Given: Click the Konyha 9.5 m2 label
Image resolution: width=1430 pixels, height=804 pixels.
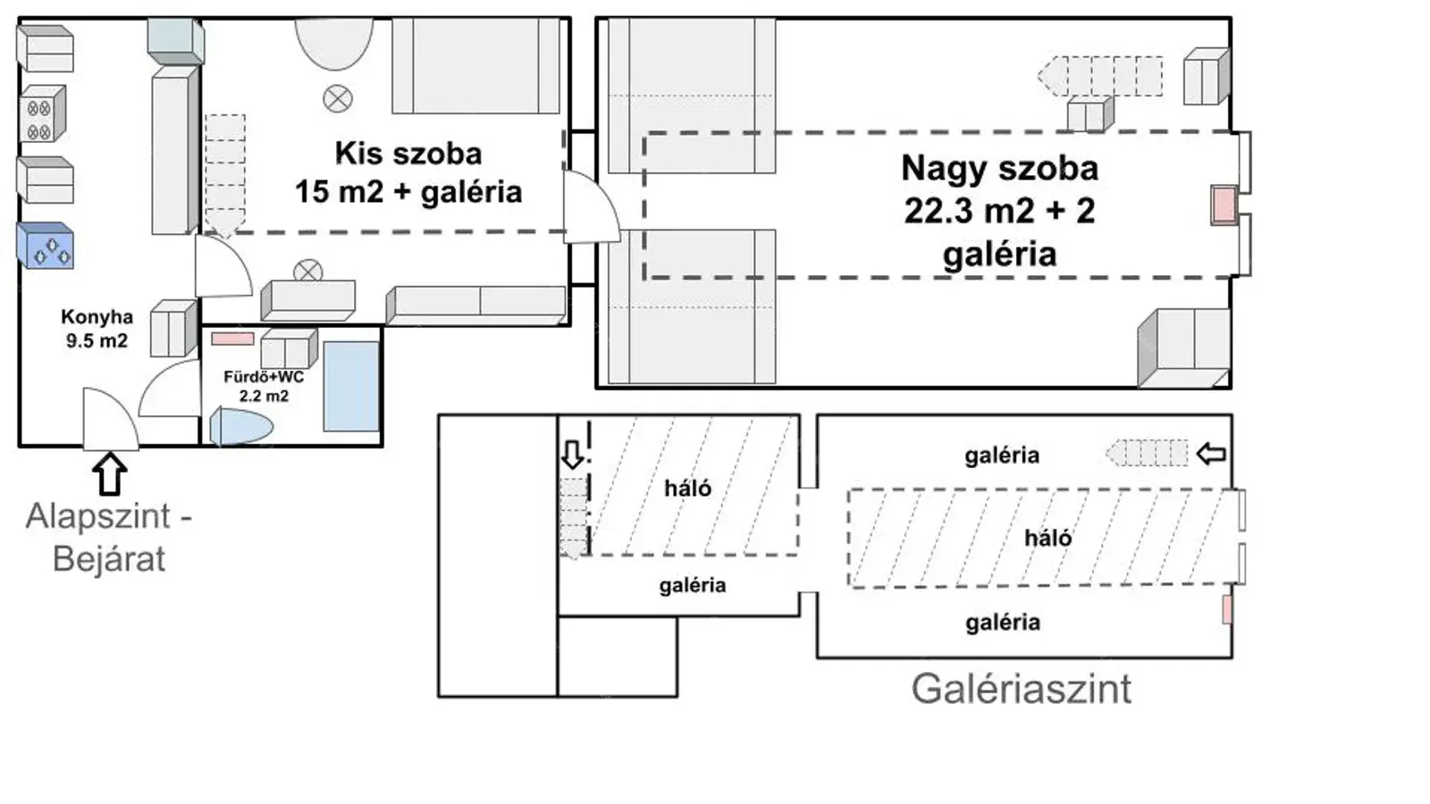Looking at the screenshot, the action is tap(97, 329).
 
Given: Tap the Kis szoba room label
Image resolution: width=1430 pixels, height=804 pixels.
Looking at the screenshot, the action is tap(408, 173).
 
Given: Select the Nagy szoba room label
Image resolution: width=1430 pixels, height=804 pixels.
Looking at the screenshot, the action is tap(1000, 211).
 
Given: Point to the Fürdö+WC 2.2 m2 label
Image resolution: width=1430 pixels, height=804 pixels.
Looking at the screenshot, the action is tap(264, 386).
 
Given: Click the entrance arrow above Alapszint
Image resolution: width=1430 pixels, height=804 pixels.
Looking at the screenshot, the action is tap(110, 473).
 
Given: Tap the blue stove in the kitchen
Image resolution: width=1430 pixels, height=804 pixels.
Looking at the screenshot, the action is tap(46, 246).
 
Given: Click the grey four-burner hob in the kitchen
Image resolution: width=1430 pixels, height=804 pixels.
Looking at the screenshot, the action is tap(42, 114).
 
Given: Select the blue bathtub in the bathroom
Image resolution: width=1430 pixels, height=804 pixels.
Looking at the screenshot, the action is tap(351, 387).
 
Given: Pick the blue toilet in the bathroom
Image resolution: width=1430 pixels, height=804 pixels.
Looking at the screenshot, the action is tap(241, 426).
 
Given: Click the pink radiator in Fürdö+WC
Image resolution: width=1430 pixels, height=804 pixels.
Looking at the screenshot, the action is tap(232, 339).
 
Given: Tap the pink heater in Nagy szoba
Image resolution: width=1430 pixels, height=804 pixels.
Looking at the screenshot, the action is tap(1224, 205).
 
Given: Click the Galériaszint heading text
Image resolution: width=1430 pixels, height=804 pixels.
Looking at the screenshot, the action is tap(1021, 689).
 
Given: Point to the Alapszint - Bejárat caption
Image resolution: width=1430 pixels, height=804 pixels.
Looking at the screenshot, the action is tap(109, 537).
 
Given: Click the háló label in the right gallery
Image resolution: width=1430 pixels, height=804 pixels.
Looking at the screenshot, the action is tap(1048, 538).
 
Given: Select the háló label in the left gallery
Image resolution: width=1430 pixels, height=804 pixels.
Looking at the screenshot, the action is tap(687, 489).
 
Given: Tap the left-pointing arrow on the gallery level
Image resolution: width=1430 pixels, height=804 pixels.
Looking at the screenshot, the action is tap(1211, 454).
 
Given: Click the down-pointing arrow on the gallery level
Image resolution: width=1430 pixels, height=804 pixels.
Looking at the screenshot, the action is tap(573, 455).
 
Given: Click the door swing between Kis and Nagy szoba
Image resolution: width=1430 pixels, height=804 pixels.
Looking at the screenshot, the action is tap(592, 206).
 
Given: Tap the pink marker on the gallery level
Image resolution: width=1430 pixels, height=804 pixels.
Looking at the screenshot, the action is tap(1226, 609).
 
